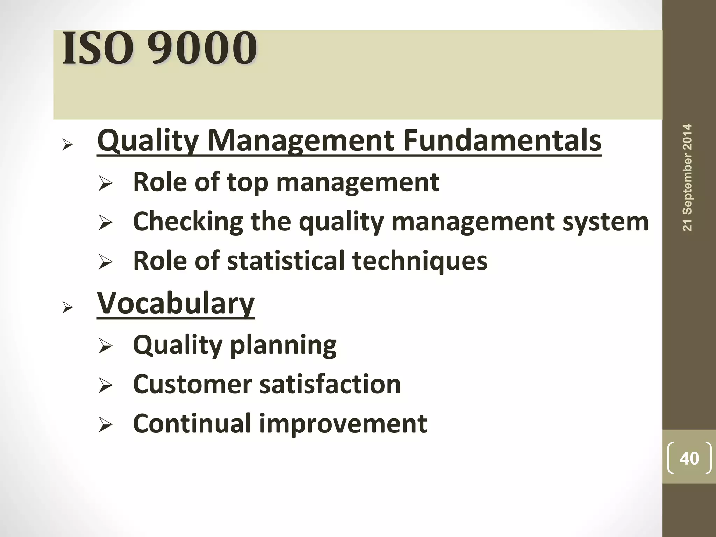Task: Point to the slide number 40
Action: (689, 458)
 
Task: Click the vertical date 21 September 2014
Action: (687, 177)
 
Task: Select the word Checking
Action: (188, 221)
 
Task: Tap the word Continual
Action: (192, 423)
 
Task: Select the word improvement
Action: (343, 423)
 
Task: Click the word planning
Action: (284, 345)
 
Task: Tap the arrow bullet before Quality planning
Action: (105, 346)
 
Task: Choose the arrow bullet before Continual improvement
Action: (105, 425)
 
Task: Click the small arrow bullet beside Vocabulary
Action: (67, 308)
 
